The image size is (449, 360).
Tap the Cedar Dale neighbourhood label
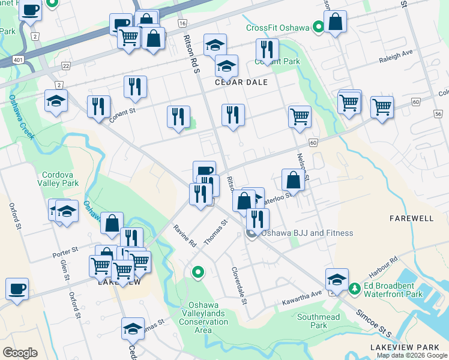241,82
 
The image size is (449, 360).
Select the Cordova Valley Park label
58,179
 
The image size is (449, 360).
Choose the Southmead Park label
319,321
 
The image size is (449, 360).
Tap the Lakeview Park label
412,347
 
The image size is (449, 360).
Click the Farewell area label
411,218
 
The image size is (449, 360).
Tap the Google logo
20,352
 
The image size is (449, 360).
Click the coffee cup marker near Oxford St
17,289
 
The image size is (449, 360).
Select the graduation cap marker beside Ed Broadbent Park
337,280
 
